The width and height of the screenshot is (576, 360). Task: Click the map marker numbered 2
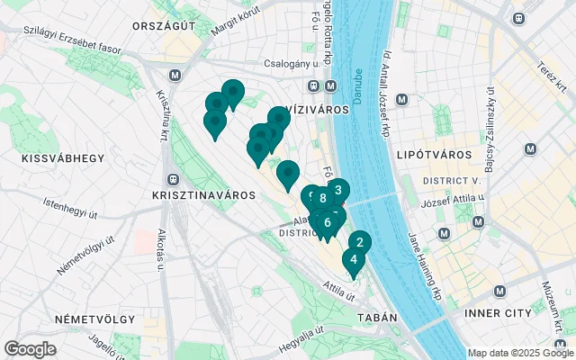359,242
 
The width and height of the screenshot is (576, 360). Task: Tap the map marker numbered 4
354,260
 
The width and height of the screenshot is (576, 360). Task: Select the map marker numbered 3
338,190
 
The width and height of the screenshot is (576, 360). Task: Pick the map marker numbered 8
322,198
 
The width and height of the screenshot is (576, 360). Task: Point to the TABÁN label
377,318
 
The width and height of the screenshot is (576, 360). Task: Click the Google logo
30,349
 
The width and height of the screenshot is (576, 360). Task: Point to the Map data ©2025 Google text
519,353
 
